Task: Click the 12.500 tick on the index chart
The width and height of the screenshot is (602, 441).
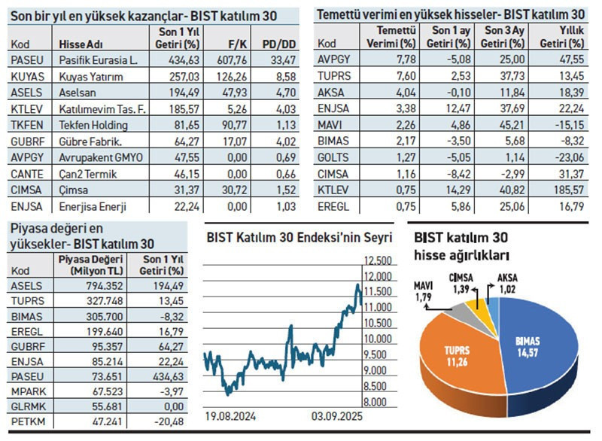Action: coord(377,260)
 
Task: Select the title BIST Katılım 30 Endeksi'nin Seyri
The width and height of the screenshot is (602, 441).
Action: coord(299,238)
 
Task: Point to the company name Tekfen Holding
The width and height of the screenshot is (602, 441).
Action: coord(93,125)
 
